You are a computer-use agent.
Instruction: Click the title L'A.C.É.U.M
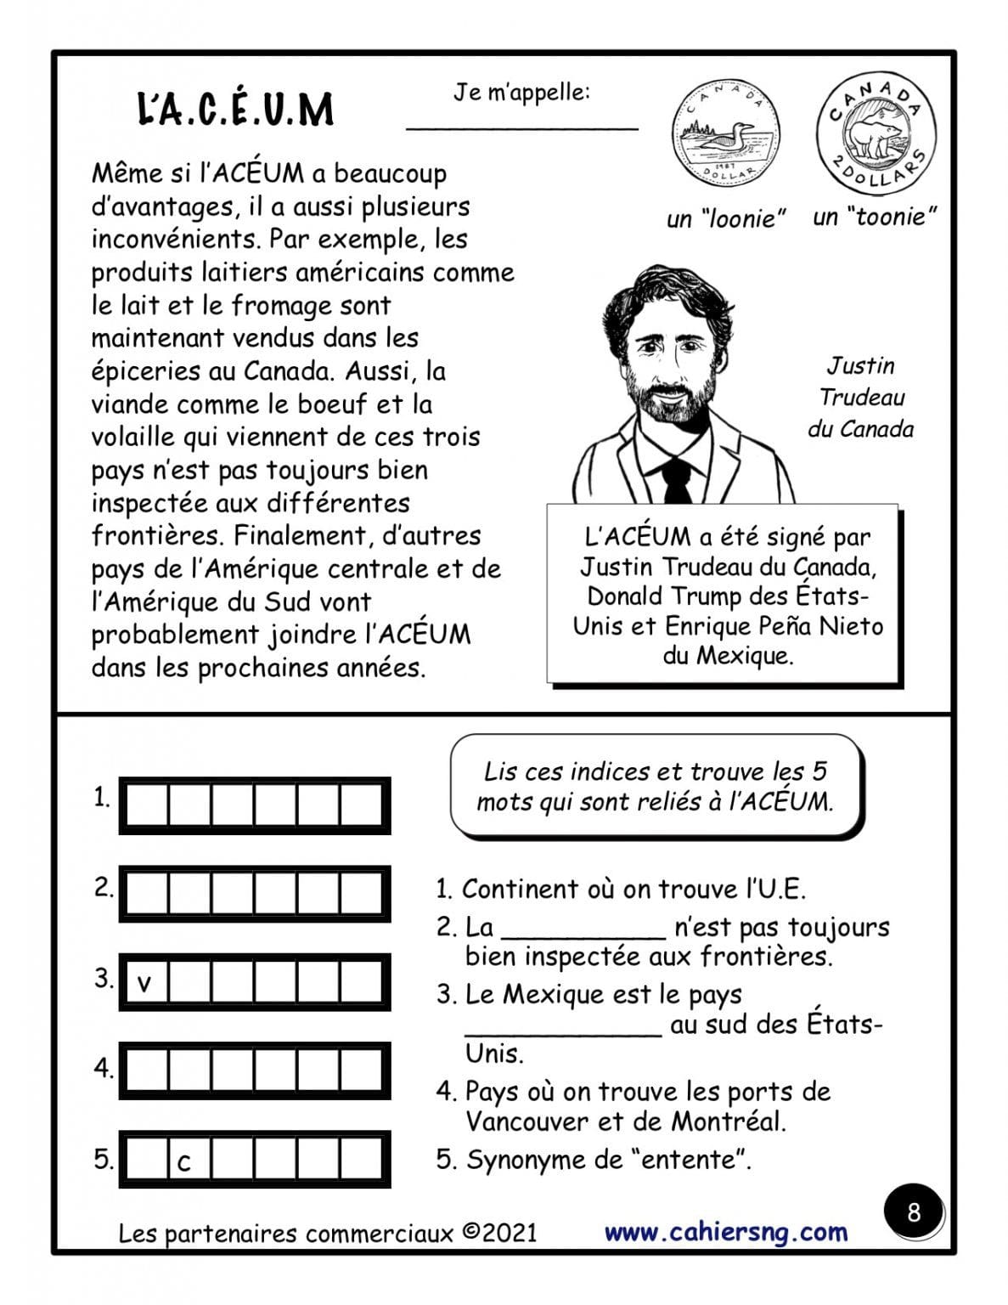tap(235, 110)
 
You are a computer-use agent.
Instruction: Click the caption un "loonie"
tap(725, 219)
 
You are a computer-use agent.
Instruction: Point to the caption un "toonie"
tap(874, 217)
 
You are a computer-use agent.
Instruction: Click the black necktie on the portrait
tap(677, 482)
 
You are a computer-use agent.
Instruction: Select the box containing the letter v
tap(145, 983)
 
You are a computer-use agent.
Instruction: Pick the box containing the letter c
tap(188, 1161)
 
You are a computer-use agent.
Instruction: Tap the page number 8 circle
tap(913, 1212)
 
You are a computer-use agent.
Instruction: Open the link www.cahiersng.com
tap(725, 1232)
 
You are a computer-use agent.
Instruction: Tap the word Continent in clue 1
tap(521, 890)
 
